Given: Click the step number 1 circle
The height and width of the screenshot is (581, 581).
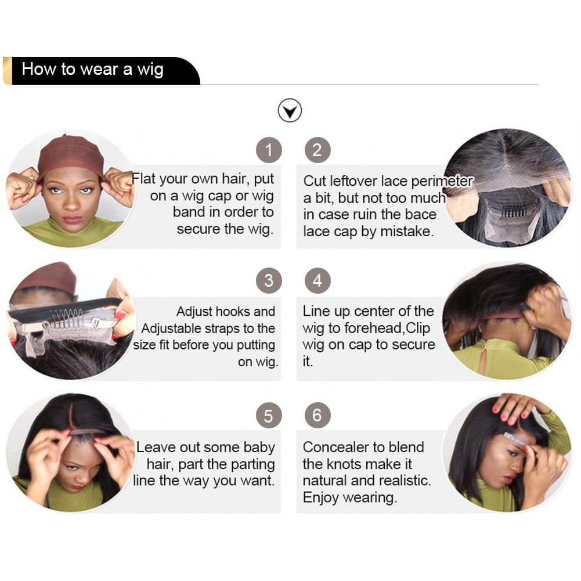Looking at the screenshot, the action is (269, 150).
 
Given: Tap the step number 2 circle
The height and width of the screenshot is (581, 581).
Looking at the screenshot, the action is (317, 150).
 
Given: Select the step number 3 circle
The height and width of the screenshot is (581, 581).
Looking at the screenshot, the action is (269, 280).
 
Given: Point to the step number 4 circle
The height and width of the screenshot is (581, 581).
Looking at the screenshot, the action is (317, 280).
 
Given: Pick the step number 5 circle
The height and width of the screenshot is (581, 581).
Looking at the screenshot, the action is (269, 416).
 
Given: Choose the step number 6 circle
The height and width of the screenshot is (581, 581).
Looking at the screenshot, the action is (317, 416).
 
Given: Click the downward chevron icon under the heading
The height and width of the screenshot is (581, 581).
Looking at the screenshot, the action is (290, 110).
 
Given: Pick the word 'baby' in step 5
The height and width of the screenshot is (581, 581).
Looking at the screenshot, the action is (259, 448).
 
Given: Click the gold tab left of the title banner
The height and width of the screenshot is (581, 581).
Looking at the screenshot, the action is (8, 71).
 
